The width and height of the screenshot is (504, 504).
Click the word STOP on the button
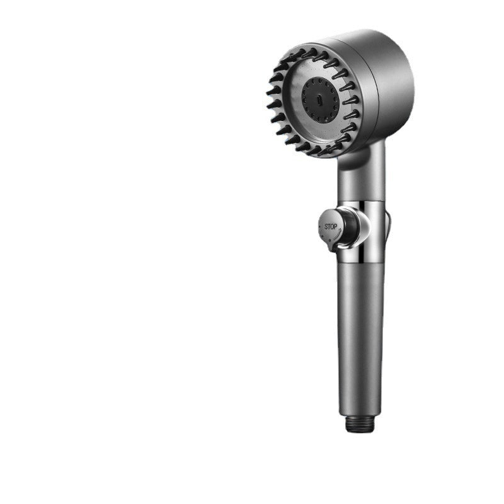point(331,226)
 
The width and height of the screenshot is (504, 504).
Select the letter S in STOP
point(326,226)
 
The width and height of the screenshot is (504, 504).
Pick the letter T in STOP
point(329,226)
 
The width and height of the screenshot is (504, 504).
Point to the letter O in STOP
point(333,226)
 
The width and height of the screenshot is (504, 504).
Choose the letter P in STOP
point(336,226)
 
